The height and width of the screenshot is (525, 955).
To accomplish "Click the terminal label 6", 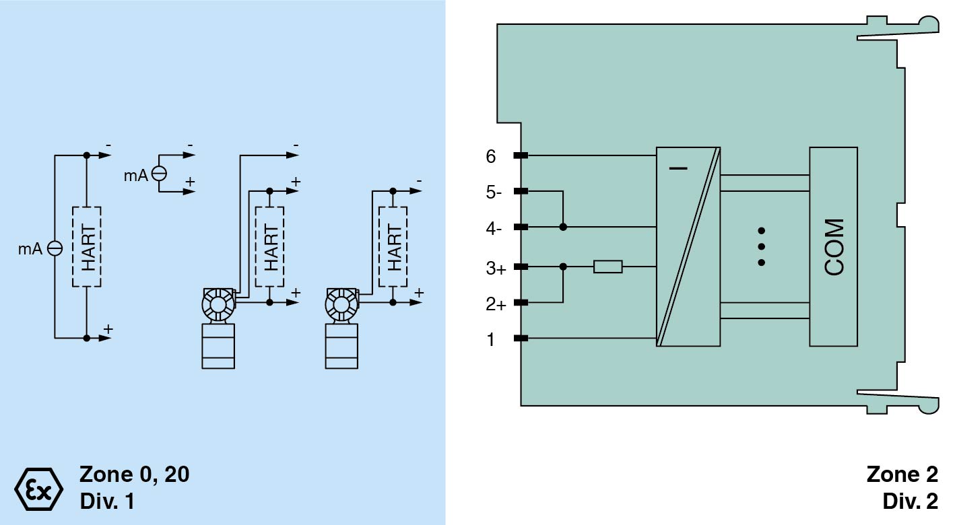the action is click(491, 156).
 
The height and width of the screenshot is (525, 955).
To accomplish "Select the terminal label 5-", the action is click(494, 193).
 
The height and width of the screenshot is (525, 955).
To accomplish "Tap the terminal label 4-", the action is click(494, 229).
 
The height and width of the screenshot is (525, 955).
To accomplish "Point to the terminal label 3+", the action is click(496, 269).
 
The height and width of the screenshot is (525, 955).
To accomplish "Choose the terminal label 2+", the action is click(496, 304).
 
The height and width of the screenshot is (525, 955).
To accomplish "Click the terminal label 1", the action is click(491, 340).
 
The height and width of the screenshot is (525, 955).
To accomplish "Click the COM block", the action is click(834, 247).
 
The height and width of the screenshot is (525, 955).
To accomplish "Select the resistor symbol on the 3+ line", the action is click(608, 267).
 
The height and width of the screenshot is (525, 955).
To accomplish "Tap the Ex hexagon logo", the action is click(39, 489).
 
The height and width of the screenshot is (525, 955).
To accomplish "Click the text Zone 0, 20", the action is click(134, 475).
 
